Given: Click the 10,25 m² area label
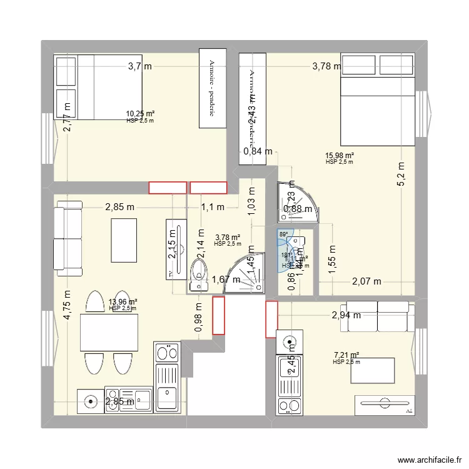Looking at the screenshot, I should click(140, 114).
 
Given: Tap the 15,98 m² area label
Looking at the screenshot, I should click(340, 156).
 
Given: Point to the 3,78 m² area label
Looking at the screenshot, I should click(227, 237).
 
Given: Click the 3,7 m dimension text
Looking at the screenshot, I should click(140, 66).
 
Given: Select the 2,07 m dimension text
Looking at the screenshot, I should click(366, 281).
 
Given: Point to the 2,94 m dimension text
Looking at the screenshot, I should click(346, 315).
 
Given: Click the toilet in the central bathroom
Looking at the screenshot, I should click(198, 273).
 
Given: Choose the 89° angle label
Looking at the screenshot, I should click(283, 234).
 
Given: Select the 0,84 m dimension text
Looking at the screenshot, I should click(258, 151).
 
